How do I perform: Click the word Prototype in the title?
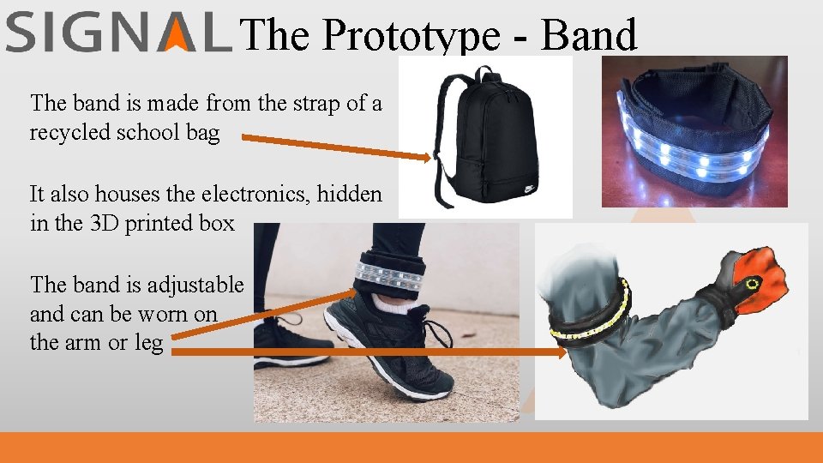[x=411, y=36]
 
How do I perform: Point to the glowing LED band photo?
[x=694, y=133]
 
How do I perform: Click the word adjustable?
[x=195, y=285]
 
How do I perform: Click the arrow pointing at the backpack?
[x=334, y=147]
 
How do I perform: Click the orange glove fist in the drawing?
[x=763, y=274]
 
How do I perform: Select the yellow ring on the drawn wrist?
[x=754, y=284]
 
